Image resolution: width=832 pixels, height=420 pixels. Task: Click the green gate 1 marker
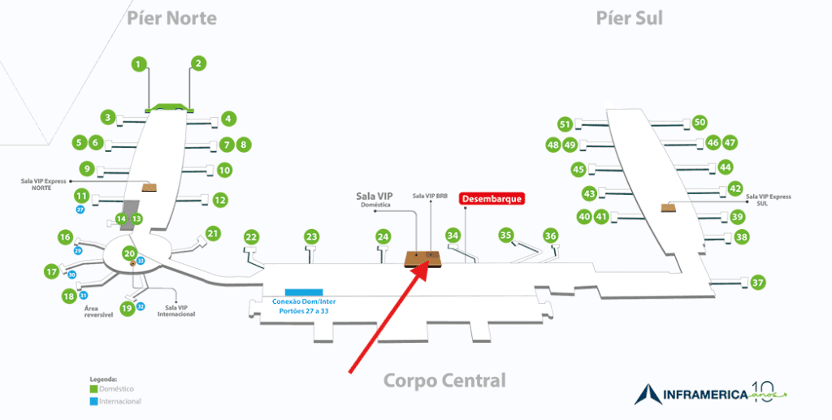pos(139,63)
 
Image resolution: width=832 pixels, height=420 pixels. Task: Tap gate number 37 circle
pos(758,283)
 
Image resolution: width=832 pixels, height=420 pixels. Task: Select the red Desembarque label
pos(492,198)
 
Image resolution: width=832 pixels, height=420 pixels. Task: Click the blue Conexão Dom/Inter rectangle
pos(304,292)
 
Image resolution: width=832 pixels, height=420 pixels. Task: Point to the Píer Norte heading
pos(171,18)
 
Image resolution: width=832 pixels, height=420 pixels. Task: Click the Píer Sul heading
pos(629,18)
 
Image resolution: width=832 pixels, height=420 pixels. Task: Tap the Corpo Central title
pos(444,380)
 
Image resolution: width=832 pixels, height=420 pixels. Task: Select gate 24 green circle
pos(383,236)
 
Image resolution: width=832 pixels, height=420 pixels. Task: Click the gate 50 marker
pos(700,122)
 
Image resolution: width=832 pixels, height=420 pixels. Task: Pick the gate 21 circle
pos(213,234)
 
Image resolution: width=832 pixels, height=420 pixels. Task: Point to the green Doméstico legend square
pos(93,388)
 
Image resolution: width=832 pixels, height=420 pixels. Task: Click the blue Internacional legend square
pos(93,401)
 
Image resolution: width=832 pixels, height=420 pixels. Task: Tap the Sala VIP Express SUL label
pos(768,200)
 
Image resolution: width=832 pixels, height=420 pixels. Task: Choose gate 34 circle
pos(453,235)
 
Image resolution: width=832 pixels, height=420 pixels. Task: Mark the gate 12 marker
pos(219,199)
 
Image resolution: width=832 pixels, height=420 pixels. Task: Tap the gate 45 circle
pos(578,170)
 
